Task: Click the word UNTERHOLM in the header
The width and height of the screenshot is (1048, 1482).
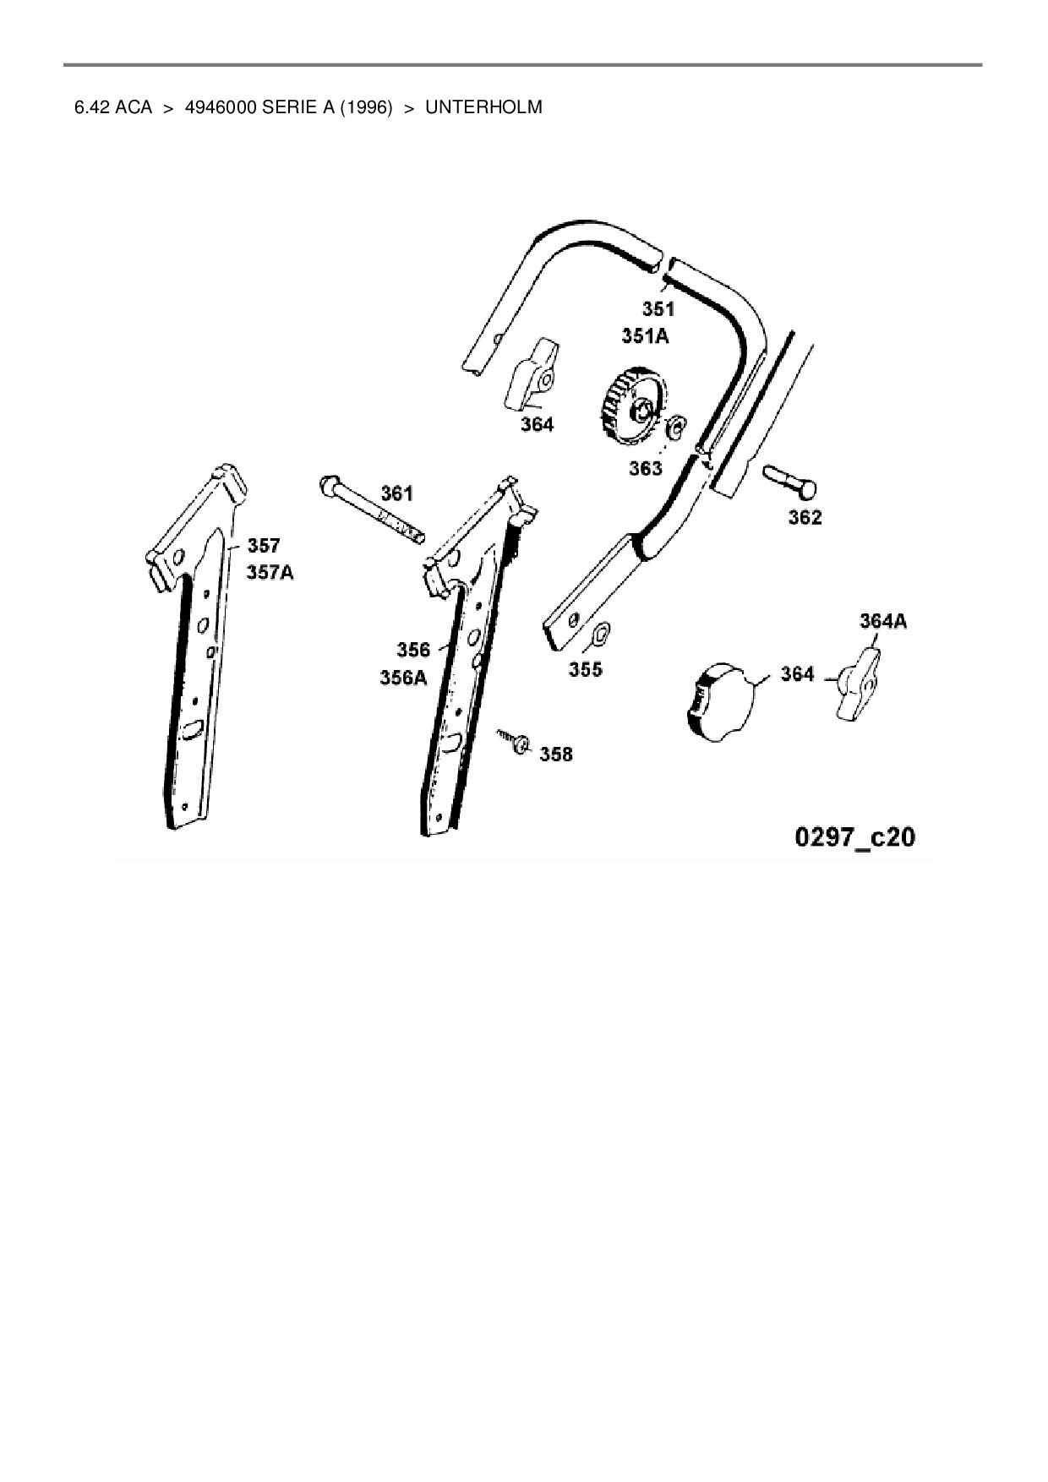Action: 483,107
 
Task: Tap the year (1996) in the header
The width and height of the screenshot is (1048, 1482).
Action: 366,107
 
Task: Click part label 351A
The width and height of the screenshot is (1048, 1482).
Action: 645,336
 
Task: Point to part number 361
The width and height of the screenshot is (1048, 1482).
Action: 396,493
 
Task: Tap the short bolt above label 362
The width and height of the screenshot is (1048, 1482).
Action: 790,481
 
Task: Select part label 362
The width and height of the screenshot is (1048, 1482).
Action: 804,517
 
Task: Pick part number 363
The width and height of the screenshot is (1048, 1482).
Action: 645,468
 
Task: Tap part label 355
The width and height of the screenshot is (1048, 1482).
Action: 585,669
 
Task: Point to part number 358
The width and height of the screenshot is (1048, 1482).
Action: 555,754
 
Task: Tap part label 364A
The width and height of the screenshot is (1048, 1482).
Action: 883,621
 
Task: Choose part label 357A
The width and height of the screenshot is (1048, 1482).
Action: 270,572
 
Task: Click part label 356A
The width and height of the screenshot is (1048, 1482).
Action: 403,678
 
